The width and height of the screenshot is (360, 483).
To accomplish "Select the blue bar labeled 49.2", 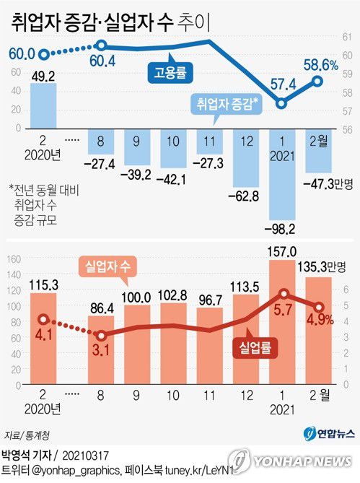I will [43, 105].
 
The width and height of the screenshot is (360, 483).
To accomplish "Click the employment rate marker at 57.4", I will [283, 103].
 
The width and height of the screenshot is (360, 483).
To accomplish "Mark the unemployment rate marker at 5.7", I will [283, 293].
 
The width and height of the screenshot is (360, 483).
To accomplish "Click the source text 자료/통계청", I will [28, 435].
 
